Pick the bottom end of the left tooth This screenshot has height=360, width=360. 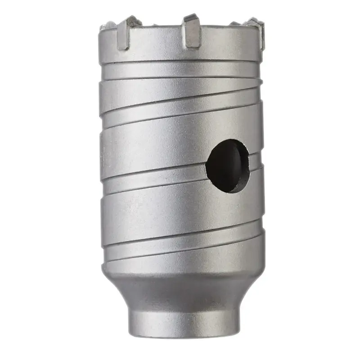124,47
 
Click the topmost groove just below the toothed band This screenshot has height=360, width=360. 180,63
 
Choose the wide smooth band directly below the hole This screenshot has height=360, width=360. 180,211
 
